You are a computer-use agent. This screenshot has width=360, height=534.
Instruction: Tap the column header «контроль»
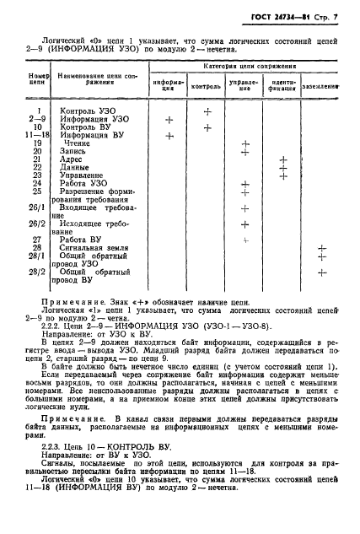coord(207,86)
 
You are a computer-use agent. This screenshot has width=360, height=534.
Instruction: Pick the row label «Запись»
coord(73,151)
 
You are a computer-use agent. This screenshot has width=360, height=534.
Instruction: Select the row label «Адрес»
coord(73,159)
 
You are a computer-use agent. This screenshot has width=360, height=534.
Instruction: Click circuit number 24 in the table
coord(36,183)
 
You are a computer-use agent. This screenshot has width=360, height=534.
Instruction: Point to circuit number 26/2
coord(36,224)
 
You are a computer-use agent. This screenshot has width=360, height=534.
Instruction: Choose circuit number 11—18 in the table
coord(36,135)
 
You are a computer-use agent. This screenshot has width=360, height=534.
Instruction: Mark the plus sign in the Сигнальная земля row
coord(321,248)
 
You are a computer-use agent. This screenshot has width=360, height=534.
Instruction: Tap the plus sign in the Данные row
coord(283,167)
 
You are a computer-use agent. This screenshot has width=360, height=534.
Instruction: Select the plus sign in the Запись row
coord(245,151)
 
